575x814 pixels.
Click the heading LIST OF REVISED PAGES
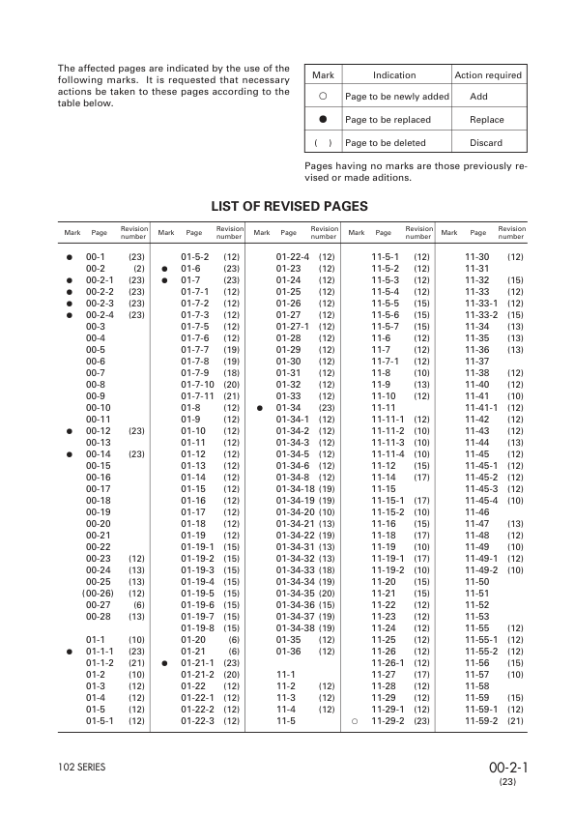[289, 206]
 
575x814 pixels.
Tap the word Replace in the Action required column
[486, 120]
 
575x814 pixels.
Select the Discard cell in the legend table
[486, 143]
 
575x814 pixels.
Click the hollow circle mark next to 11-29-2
[356, 720]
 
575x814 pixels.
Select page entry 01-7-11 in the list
[198, 395]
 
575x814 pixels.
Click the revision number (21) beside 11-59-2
[515, 720]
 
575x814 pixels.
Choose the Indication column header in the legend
[394, 75]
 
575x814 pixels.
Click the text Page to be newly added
[396, 98]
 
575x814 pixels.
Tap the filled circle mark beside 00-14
[70, 453]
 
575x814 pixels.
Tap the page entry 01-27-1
[291, 326]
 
